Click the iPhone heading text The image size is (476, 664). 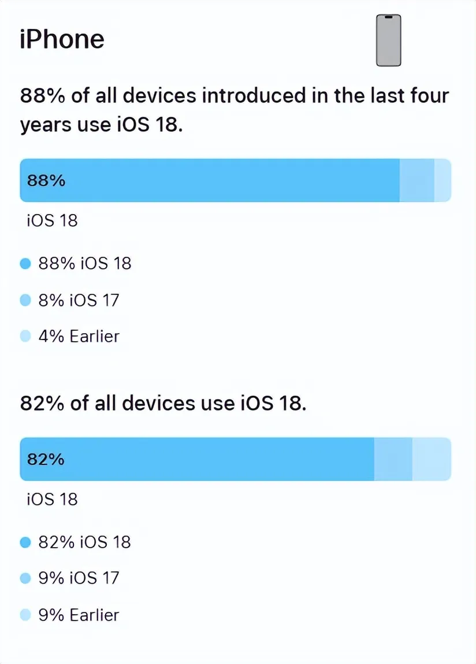pos(62,39)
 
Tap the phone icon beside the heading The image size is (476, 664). pos(388,40)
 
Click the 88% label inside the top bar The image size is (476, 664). pos(46,180)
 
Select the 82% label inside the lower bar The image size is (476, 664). pos(46,459)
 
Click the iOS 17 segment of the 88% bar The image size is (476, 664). pos(416,180)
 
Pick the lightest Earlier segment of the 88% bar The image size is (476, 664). pos(442,180)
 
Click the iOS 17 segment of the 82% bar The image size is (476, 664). pos(393,459)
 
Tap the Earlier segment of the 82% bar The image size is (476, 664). pos(432,459)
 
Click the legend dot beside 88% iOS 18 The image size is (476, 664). pos(25,264)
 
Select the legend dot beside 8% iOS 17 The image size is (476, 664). pos(25,300)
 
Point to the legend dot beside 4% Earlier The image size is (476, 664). pos(25,336)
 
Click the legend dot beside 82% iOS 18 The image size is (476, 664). pos(25,543)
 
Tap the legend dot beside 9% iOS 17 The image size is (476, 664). pos(25,578)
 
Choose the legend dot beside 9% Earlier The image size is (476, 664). pos(25,615)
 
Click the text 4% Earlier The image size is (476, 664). pos(79,336)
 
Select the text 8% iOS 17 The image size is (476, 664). pos(79,300)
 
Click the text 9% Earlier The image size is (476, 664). pos(79,615)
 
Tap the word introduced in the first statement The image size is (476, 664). pos(254,95)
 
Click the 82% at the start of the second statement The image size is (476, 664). pos(42,403)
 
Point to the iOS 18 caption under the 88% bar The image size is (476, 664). pos(52,220)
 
